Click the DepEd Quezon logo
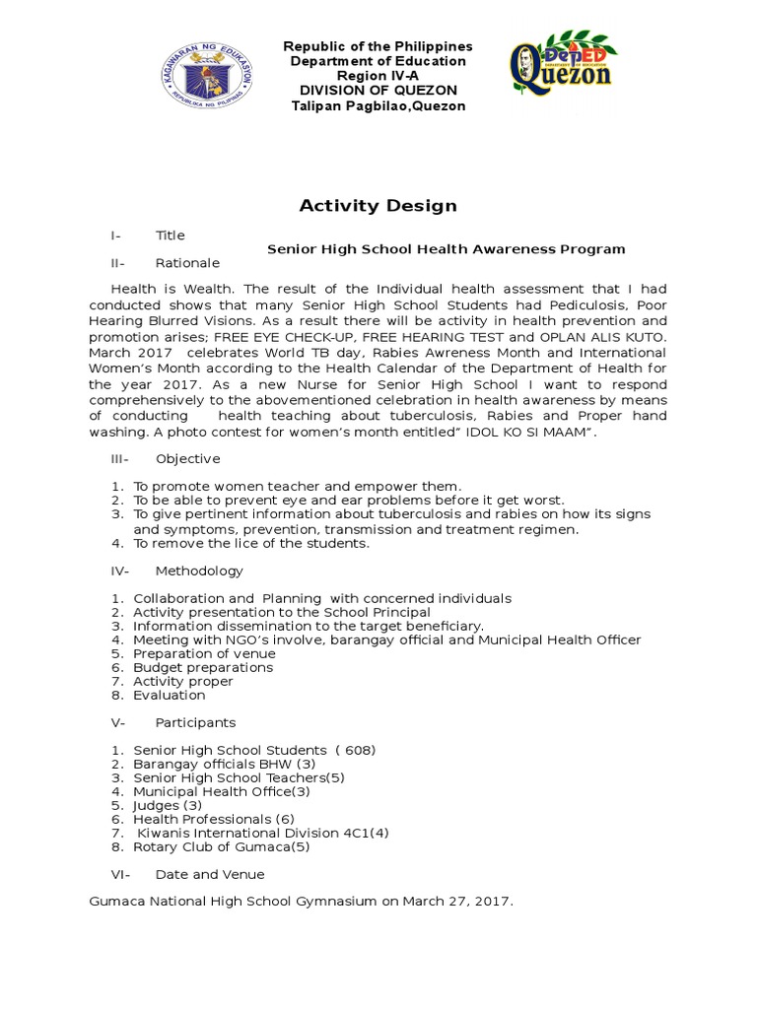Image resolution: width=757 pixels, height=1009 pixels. pyautogui.click(x=559, y=70)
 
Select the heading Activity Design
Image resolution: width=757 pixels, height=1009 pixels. pyautogui.click(x=378, y=206)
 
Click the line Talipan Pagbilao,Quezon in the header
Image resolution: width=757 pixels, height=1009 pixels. pyautogui.click(x=378, y=106)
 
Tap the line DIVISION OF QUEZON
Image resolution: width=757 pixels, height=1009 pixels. pyautogui.click(x=378, y=92)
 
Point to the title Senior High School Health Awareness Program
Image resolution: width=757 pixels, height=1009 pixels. pyautogui.click(x=446, y=249)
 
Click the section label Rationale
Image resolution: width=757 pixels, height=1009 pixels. pyautogui.click(x=187, y=263)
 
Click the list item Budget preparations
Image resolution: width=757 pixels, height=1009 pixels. pyautogui.click(x=203, y=667)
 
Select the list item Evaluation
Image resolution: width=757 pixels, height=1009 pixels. pyautogui.click(x=170, y=695)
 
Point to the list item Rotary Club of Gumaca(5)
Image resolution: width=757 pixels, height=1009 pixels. pyautogui.click(x=221, y=846)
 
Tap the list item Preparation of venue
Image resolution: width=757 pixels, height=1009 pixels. pyautogui.click(x=204, y=653)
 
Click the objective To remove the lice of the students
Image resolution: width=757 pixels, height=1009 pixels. pyautogui.click(x=251, y=543)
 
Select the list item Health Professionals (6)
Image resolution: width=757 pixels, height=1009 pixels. pyautogui.click(x=213, y=819)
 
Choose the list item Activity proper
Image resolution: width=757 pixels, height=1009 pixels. pyautogui.click(x=183, y=681)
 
